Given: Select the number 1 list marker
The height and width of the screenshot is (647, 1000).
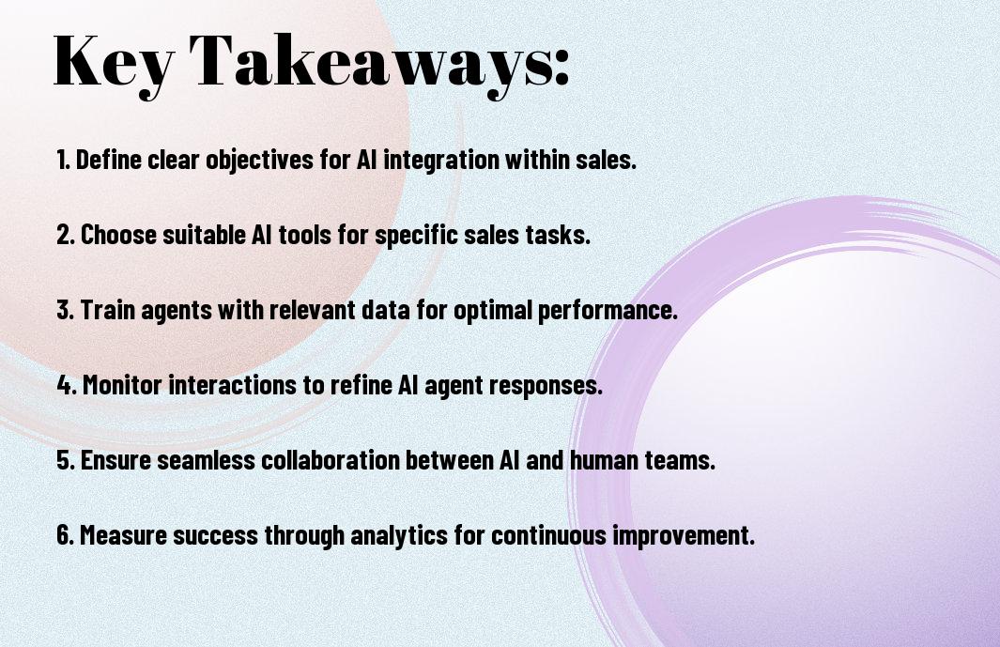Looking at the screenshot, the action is click(63, 160).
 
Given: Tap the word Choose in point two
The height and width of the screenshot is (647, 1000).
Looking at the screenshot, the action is click(118, 235).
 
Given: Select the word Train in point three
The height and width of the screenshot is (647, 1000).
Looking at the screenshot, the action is click(108, 310).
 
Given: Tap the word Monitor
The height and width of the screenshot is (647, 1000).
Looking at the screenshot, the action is click(122, 385).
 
